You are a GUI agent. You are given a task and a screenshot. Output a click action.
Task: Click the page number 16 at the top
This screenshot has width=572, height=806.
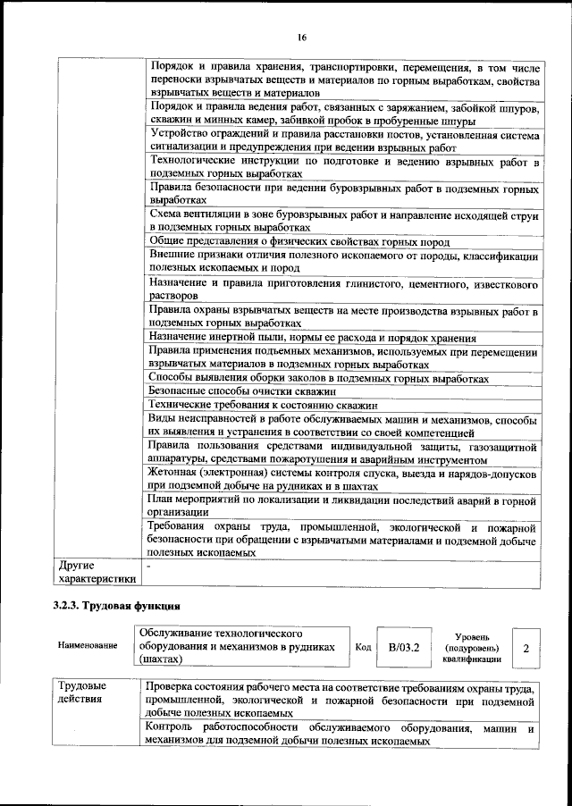(x=302, y=37)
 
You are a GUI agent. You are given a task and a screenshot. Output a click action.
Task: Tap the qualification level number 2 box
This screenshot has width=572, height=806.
(x=526, y=646)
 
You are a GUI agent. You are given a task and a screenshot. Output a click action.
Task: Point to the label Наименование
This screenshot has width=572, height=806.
(x=88, y=646)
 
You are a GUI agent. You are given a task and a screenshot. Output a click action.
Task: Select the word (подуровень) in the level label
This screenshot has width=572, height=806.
(x=471, y=647)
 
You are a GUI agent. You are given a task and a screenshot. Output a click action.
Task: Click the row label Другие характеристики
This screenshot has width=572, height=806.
(x=97, y=572)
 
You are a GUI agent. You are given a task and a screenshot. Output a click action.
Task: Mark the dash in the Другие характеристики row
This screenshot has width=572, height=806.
(x=149, y=566)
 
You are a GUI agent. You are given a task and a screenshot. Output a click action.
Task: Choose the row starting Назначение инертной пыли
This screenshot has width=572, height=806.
(x=312, y=338)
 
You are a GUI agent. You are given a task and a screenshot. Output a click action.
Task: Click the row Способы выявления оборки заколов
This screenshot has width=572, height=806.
(x=318, y=378)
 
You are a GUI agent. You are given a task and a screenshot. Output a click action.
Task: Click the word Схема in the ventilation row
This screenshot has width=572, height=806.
(x=166, y=216)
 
